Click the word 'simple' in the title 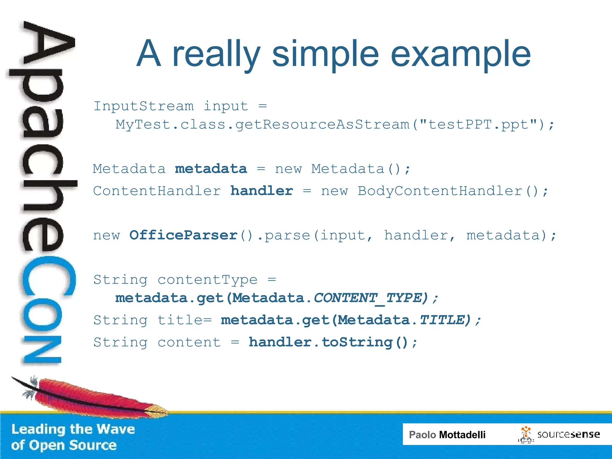coord(325,54)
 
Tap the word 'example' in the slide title coord(460,54)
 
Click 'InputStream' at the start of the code coord(144,106)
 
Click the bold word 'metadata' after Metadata coord(211,169)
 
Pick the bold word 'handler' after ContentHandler coord(261,191)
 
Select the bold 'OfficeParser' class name coord(183,235)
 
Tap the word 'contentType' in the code coord(207,280)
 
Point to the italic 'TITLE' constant coord(442,320)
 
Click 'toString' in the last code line coord(357,342)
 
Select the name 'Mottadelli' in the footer coord(462,434)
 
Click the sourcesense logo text coord(568,434)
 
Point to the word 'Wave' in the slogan coord(116,429)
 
